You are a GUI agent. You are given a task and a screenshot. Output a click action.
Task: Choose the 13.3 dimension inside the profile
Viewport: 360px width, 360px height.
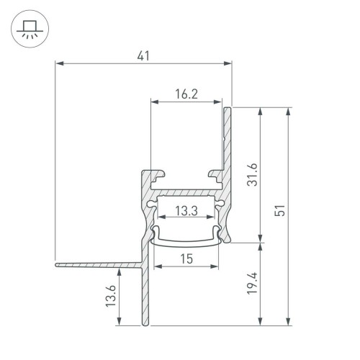tap(186, 211)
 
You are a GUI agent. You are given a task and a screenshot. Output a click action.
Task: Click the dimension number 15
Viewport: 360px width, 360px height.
tap(186, 258)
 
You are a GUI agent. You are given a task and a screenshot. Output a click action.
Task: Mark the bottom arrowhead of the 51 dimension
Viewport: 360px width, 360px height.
tap(289, 321)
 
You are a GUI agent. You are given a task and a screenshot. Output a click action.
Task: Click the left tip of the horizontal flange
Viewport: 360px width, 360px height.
tap(55, 264)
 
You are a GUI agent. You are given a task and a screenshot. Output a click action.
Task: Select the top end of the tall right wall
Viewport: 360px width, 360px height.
tap(228, 109)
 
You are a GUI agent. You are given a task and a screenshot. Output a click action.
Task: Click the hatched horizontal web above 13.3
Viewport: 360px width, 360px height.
tap(186, 194)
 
